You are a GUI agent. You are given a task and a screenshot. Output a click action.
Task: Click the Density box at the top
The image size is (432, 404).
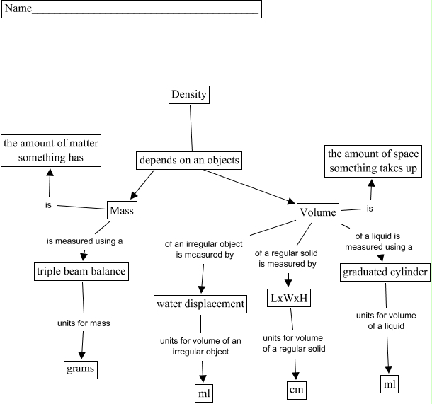[x=189, y=95]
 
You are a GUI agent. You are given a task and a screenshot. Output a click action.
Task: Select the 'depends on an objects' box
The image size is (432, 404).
[x=189, y=161]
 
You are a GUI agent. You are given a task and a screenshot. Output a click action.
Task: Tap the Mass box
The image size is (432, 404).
[x=122, y=210]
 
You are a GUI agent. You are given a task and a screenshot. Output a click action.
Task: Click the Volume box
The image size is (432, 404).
[x=318, y=212]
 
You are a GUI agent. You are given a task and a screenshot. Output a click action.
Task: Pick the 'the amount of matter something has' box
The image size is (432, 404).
[x=50, y=151]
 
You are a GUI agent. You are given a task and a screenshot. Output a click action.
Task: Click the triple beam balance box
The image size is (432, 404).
[x=81, y=271]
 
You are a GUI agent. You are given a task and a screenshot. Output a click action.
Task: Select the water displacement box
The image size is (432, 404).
[x=200, y=304]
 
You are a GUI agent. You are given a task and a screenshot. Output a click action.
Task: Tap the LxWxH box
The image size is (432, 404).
[x=288, y=299]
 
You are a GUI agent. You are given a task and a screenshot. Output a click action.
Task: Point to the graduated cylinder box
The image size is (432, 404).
[x=385, y=272]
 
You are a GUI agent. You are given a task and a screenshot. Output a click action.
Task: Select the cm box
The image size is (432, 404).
[x=296, y=390]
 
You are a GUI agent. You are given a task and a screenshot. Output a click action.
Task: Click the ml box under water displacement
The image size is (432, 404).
[x=204, y=393]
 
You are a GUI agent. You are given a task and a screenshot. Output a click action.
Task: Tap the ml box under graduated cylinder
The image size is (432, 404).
[x=389, y=384]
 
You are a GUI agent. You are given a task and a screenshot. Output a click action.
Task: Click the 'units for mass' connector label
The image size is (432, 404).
[x=84, y=323]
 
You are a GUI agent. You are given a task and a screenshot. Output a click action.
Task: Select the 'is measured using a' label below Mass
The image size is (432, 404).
[x=85, y=241]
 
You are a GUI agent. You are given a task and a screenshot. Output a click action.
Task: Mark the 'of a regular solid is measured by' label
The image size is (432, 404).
[x=286, y=258]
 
